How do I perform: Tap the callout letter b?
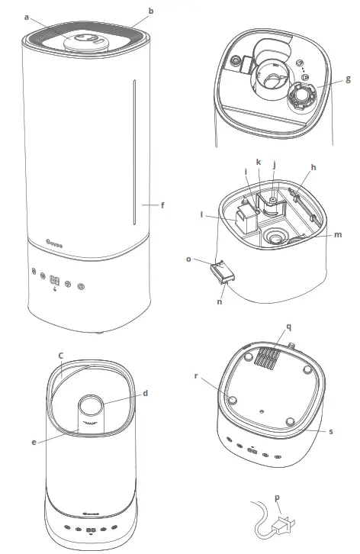pyautogui.click(x=151, y=11)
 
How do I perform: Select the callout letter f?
pyautogui.click(x=162, y=205)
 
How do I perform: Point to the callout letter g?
pyautogui.click(x=349, y=78)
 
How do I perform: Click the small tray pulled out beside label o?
pyautogui.click(x=218, y=272)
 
